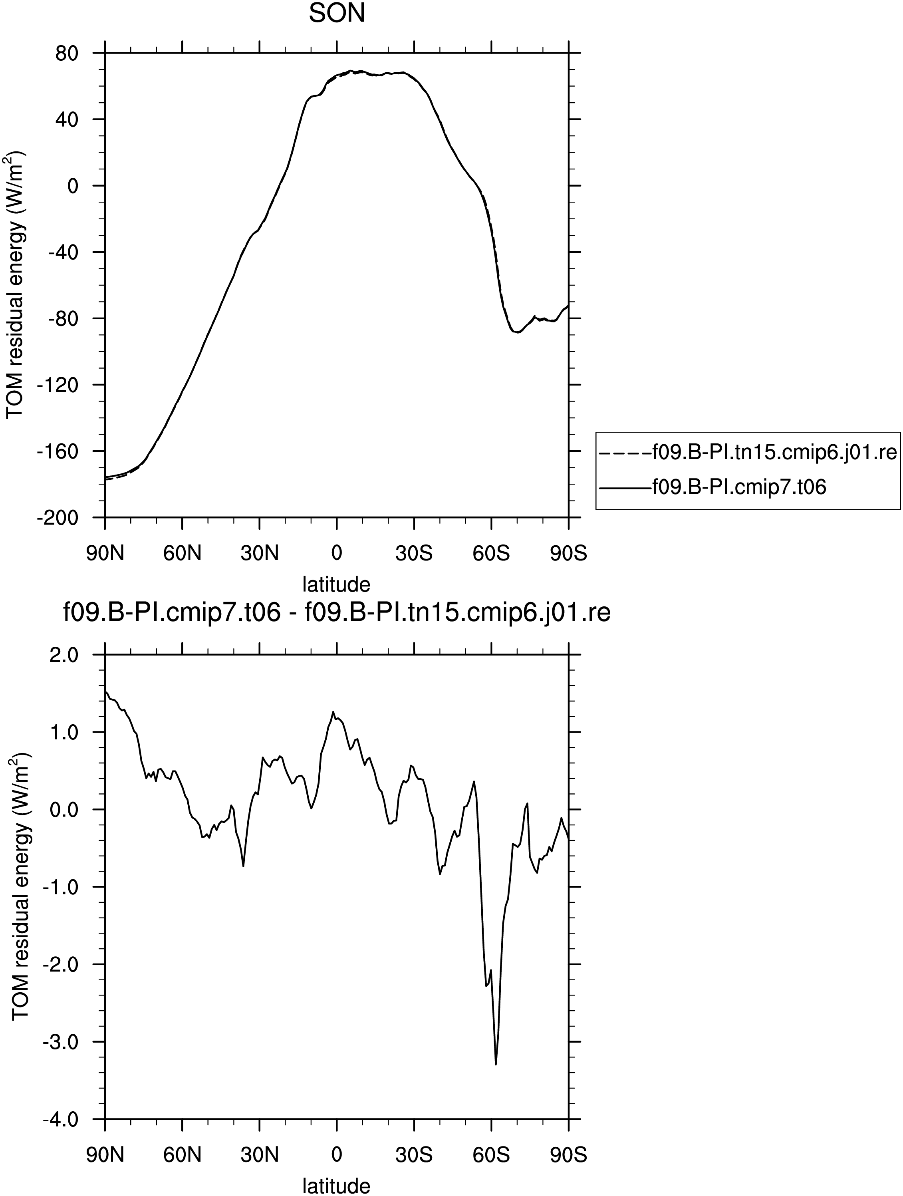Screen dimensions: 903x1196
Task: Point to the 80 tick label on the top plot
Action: (67, 53)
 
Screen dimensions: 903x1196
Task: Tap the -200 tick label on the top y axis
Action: (58, 517)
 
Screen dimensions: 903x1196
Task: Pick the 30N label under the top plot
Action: (260, 554)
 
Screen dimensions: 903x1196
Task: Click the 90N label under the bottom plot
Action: (105, 1155)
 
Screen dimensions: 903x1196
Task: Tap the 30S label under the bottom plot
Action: (414, 1155)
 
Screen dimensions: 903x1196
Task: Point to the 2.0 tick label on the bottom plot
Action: (65, 655)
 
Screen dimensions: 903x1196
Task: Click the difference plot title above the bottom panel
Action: (337, 614)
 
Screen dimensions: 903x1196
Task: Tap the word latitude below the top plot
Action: (336, 584)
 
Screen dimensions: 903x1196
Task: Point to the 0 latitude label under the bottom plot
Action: (336, 1155)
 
